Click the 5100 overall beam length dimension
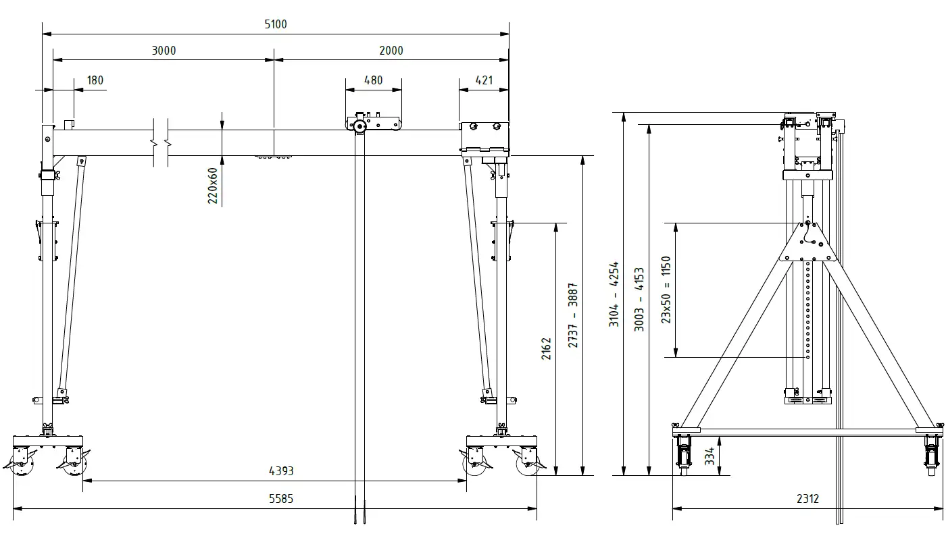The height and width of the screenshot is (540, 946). click(275, 25)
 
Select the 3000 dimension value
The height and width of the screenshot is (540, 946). click(164, 51)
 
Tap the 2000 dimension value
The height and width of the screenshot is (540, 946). click(391, 51)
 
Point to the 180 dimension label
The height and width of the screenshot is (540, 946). click(95, 80)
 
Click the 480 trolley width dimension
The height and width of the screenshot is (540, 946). click(373, 80)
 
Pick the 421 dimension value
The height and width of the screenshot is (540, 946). click(484, 80)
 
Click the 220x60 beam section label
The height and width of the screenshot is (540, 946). click(213, 186)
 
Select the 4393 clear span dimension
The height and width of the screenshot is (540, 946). click(281, 471)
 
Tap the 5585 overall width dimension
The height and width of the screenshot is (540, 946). click(281, 499)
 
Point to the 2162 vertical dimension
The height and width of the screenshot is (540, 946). click(547, 348)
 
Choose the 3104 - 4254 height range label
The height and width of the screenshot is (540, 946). click(614, 294)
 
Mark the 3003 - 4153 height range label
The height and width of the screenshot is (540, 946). click(639, 299)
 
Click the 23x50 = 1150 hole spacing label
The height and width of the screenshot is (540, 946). click(666, 289)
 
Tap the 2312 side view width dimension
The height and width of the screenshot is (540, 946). click(807, 499)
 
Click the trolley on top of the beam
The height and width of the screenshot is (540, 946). click(373, 124)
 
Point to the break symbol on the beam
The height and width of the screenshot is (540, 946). click(160, 142)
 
